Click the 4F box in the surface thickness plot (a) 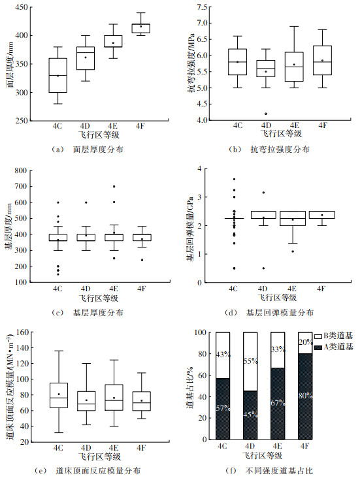tap(140, 28)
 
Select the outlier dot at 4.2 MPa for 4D tap(266, 114)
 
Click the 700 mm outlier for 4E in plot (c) tap(114, 186)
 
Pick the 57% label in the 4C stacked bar tap(223, 408)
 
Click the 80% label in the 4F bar tap(306, 396)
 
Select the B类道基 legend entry tap(334, 336)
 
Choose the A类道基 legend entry tap(334, 347)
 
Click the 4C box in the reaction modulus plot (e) tap(59, 395)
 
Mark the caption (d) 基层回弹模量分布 tap(269, 313)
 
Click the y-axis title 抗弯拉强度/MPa tap(191, 63)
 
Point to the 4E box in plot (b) tap(294, 67)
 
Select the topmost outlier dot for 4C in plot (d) tap(234, 179)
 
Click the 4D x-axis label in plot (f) tap(250, 446)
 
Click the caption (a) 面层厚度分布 tap(88, 150)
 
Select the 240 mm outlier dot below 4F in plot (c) tap(142, 260)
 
